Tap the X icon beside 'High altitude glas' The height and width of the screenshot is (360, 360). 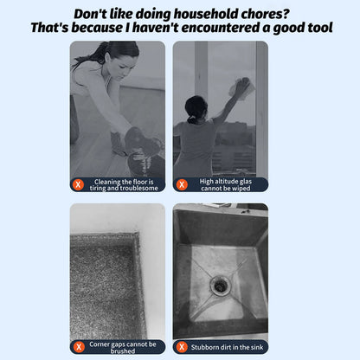coord(182,183)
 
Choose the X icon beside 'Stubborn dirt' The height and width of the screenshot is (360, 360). coord(182,346)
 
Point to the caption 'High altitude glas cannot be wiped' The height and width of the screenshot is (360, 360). coord(226,184)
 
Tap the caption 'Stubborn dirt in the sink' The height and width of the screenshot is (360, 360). coord(226,346)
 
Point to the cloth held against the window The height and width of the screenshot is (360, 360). coord(241,87)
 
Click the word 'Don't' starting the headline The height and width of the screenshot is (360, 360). coord(93,14)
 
